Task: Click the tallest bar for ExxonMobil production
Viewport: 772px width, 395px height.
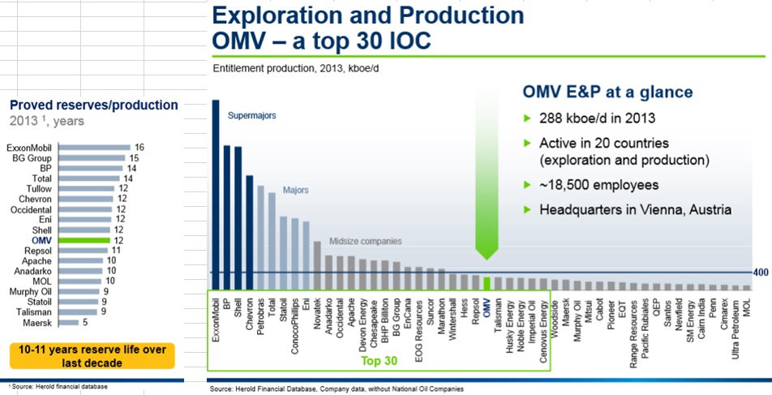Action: coord(216,194)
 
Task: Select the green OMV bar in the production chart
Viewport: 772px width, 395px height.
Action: coord(487,283)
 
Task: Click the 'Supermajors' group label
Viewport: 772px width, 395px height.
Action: coord(252,116)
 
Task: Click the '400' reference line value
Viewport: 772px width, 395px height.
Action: coord(761,273)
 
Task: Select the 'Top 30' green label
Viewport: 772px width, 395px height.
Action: coord(380,361)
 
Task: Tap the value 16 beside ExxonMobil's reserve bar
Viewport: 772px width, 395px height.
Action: coord(139,148)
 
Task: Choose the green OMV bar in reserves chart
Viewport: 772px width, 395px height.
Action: coord(84,240)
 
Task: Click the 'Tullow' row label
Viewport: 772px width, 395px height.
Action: coord(42,188)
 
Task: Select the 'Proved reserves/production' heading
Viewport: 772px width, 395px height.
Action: coord(93,105)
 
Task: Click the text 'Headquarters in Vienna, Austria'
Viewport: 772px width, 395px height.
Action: coord(636,210)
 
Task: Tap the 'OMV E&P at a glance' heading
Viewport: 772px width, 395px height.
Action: coord(606,92)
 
